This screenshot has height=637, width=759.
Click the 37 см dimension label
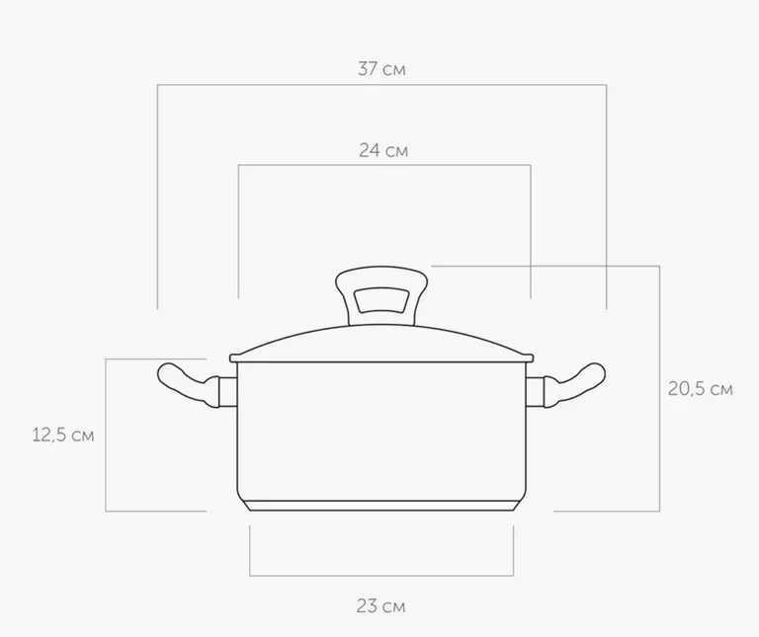pos(381,69)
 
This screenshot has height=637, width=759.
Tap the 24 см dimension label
pos(383,150)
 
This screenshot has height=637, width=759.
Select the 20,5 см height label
pos(701,389)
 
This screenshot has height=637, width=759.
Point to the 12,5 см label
pos(63,435)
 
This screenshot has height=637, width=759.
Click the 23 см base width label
pos(380,606)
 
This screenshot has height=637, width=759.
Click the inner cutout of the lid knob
pos(381,301)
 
